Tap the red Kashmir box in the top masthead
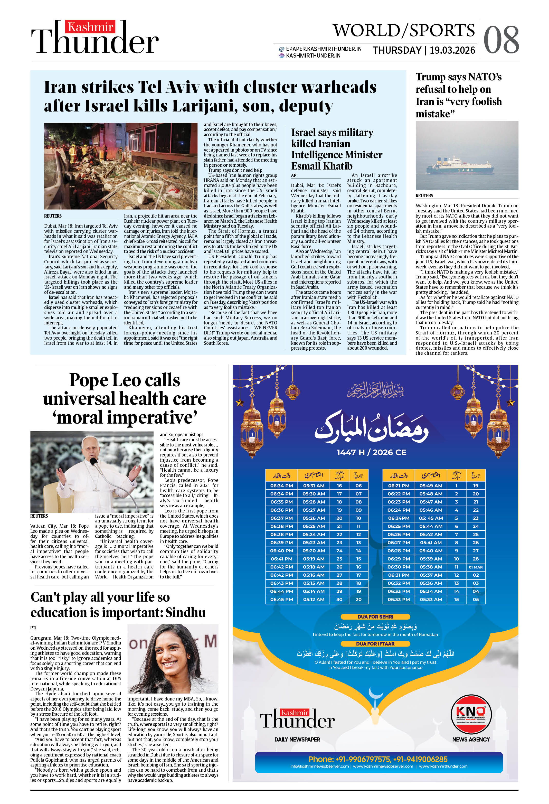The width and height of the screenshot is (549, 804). tap(90, 27)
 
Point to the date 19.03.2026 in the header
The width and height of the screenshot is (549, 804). tap(452, 51)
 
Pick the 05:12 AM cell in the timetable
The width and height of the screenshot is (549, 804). tap(314, 599)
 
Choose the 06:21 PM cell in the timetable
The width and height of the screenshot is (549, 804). tap(398, 485)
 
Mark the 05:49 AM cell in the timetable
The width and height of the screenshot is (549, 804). tap(431, 485)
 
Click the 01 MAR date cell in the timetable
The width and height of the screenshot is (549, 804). tap(476, 567)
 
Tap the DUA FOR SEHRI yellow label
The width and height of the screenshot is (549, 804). tap(375, 616)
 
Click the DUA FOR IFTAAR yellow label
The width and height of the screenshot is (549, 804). tap(375, 643)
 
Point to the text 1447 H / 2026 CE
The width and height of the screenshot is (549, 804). tap(371, 452)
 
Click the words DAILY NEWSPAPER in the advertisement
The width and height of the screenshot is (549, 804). tap(297, 739)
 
